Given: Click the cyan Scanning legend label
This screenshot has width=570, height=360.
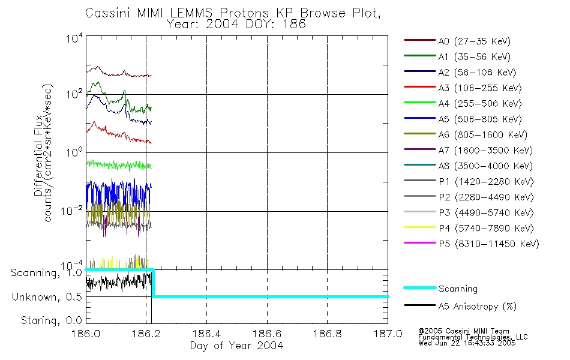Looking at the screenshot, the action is [458, 289].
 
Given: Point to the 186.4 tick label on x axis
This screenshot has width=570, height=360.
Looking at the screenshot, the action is [206, 334].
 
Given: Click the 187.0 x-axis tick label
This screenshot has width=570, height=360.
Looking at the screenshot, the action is [388, 334].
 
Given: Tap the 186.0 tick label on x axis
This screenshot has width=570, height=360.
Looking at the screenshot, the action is [86, 334].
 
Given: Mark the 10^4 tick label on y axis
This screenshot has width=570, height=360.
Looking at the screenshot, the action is [74, 38].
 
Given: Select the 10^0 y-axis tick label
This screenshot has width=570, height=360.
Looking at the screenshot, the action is [74, 152].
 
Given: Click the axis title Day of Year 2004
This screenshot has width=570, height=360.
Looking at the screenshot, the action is [236, 346].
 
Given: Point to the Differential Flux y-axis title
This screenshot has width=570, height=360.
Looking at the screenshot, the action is [38, 155].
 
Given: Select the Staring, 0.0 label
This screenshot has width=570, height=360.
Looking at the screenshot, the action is [51, 320].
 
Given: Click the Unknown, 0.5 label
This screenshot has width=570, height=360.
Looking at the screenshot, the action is [47, 297].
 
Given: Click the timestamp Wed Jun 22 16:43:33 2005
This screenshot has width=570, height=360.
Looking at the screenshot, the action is [467, 343].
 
